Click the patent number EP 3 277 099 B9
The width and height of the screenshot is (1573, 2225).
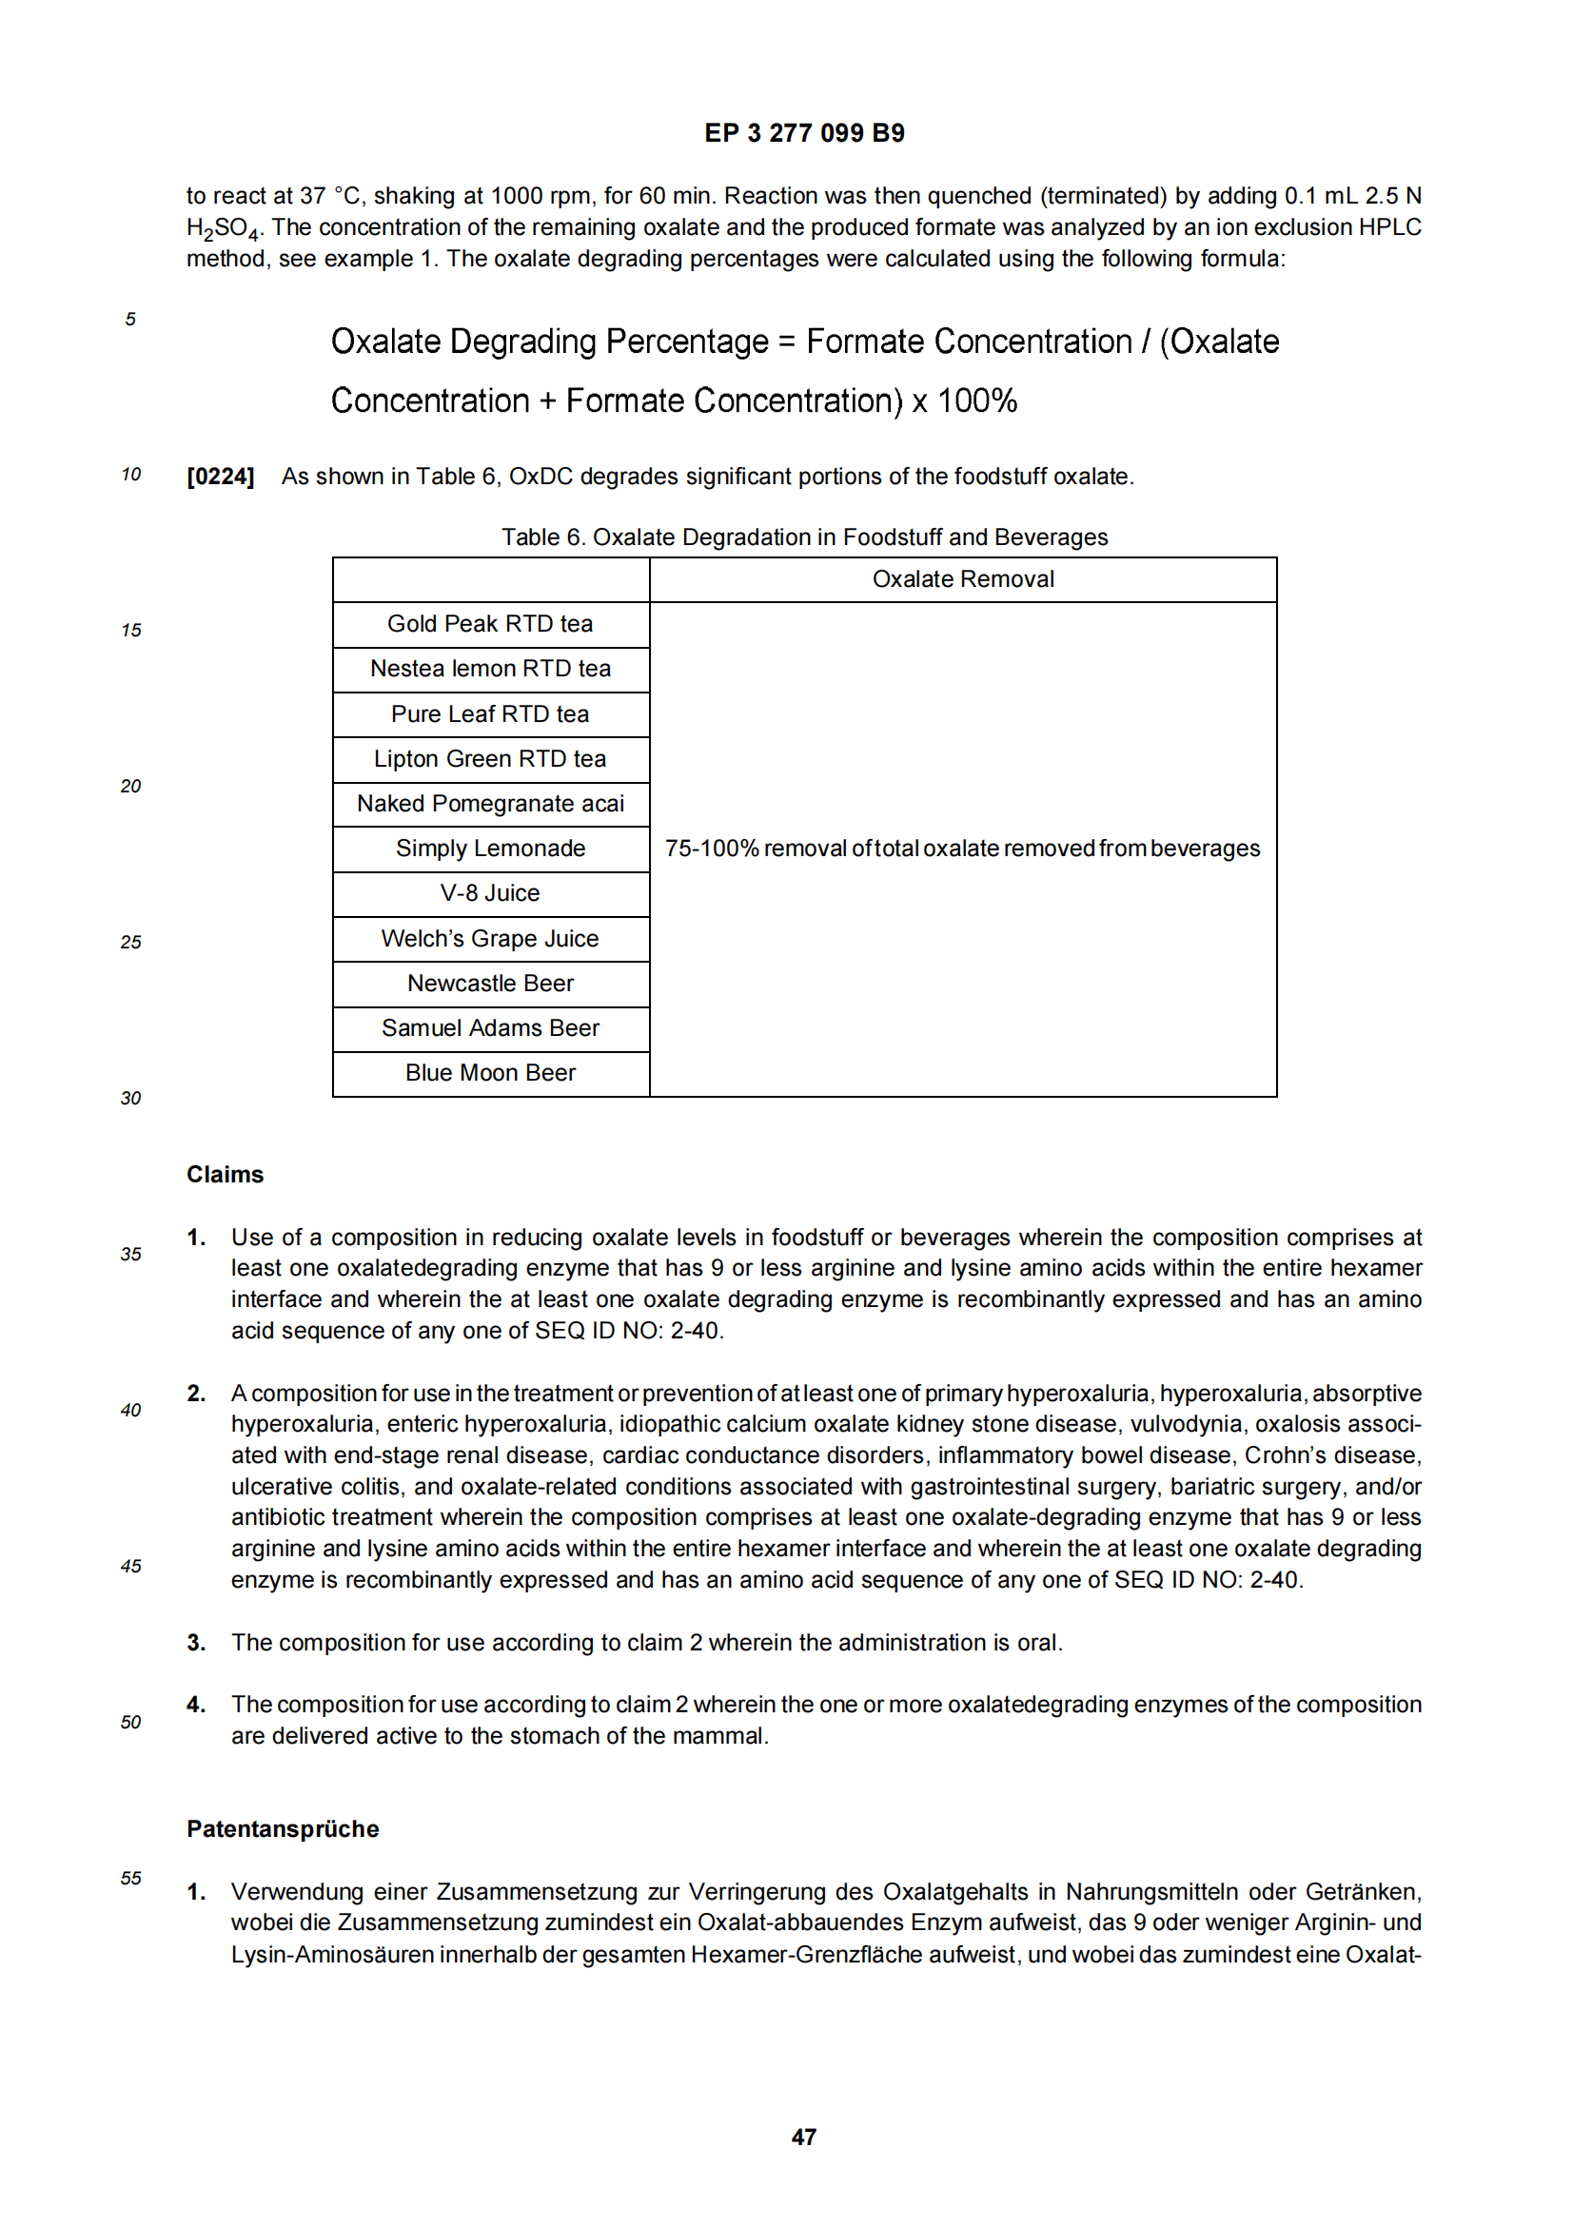tap(803, 133)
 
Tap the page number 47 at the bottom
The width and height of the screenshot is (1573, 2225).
tap(803, 2136)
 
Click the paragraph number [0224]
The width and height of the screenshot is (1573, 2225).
tap(220, 477)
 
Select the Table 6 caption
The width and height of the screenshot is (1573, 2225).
tap(803, 537)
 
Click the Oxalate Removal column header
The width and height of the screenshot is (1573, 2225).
tap(962, 579)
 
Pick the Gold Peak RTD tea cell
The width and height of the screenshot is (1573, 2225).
tap(490, 624)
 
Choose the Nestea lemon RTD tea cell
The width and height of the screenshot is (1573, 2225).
tap(490, 669)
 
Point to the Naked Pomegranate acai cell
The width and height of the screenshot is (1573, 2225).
tap(490, 804)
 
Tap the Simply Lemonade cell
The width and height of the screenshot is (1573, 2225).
tap(490, 848)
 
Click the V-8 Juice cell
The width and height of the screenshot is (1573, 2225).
tap(490, 892)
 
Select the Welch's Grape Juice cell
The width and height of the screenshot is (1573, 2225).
tap(490, 938)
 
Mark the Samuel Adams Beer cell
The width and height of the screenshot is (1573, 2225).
tap(490, 1027)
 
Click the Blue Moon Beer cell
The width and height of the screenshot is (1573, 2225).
tap(490, 1073)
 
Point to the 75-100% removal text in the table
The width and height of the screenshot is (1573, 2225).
tap(962, 848)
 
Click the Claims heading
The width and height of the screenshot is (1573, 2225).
tap(225, 1175)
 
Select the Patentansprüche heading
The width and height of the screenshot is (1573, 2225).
tap(282, 1828)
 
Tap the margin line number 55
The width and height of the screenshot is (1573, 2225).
tap(130, 1878)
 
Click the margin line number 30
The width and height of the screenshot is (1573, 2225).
tap(130, 1098)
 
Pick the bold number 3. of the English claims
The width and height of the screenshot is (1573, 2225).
tap(196, 1643)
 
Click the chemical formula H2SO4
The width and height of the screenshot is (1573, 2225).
tap(223, 229)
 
